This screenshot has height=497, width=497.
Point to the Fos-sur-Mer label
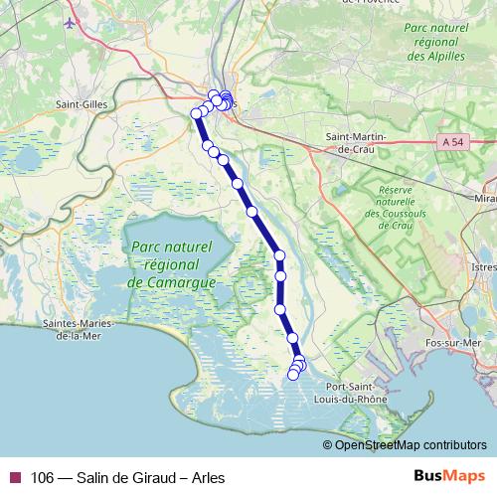click(x=469, y=342)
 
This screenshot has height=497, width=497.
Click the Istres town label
click(x=482, y=267)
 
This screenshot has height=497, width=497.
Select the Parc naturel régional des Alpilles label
click(x=434, y=43)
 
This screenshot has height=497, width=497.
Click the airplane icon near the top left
click(x=70, y=22)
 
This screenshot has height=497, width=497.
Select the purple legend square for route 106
click(x=14, y=476)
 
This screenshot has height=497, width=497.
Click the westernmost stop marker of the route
click(x=197, y=113)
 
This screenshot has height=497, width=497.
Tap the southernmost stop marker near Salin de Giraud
click(x=292, y=374)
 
